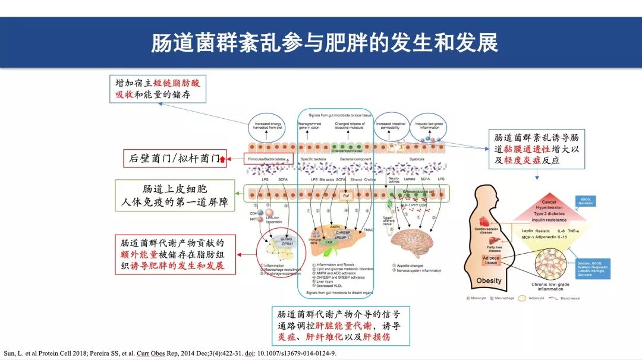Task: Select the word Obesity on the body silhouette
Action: (x=489, y=280)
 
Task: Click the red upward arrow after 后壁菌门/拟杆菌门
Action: (x=222, y=158)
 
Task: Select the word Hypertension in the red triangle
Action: (x=549, y=209)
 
